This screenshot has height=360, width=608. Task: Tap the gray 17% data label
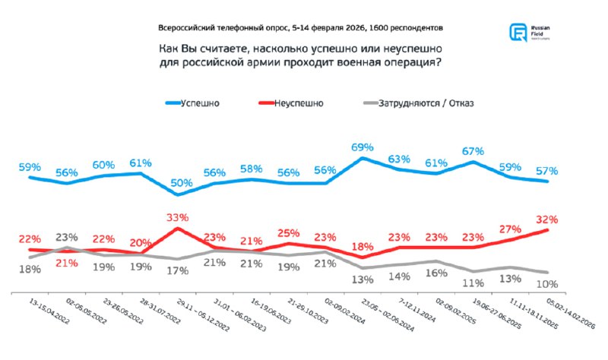178,270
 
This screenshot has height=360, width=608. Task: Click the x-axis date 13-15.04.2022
49,313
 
